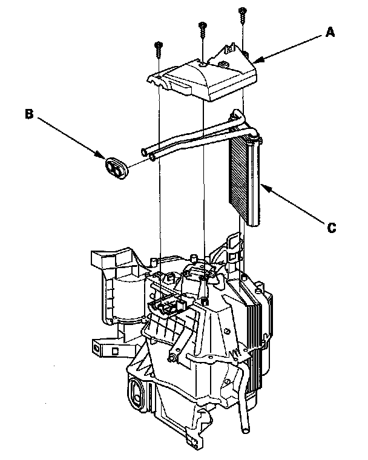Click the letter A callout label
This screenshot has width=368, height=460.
(x=330, y=34)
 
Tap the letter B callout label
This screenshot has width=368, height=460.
(x=28, y=113)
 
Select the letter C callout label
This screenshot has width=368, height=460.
(x=331, y=228)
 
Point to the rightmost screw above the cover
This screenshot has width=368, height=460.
(x=243, y=13)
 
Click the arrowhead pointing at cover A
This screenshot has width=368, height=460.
(x=255, y=61)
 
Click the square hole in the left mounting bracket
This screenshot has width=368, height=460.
(x=115, y=350)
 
